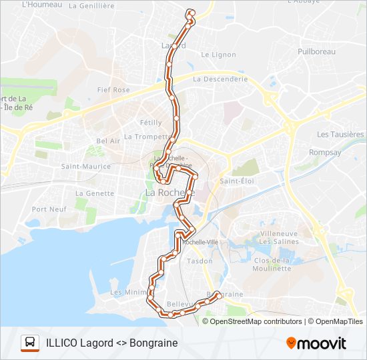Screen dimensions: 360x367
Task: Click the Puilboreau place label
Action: tap(317, 51)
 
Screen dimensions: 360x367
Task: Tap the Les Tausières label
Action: tap(340, 134)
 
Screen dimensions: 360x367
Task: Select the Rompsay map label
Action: tap(324, 152)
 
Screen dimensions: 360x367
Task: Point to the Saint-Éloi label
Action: tap(238, 181)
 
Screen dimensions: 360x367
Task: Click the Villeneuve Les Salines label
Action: tap(278, 237)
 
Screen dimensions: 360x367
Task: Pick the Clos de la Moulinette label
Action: tap(272, 264)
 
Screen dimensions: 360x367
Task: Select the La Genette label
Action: tap(95, 193)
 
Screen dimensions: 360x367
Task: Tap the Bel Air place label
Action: tap(108, 141)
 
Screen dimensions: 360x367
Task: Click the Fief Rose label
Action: tap(113, 89)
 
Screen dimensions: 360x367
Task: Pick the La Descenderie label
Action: tap(220, 79)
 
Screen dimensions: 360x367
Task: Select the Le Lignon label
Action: tap(218, 55)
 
